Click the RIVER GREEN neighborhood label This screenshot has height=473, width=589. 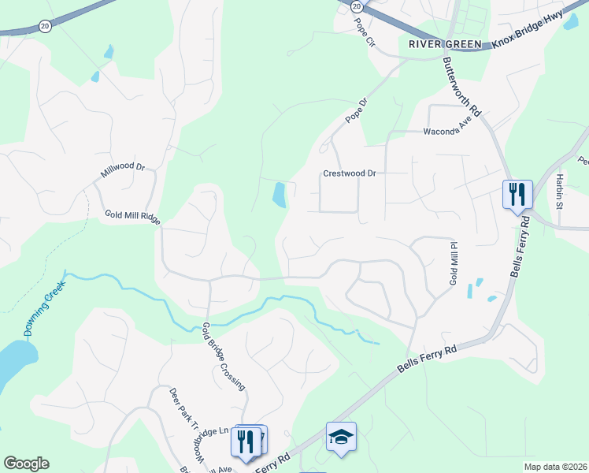tap(445, 44)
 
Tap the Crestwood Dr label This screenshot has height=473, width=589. tap(351, 174)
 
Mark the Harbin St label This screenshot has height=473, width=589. tap(560, 191)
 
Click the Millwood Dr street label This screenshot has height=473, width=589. tap(124, 170)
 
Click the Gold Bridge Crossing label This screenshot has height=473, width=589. tap(224, 356)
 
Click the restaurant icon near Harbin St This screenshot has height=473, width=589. tap(517, 193)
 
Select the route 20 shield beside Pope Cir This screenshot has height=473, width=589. tap(357, 6)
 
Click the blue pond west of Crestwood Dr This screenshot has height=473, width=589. tap(279, 195)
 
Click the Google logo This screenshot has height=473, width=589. tap(26, 463)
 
